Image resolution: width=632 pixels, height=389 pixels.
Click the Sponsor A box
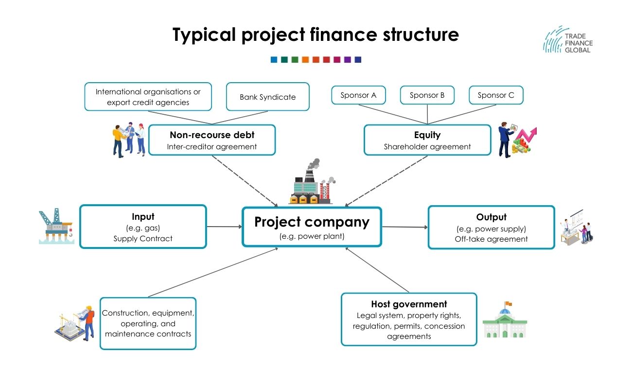tap(358, 95)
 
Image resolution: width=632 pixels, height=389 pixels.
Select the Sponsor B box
tap(427, 95)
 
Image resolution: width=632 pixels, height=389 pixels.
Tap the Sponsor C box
tap(496, 95)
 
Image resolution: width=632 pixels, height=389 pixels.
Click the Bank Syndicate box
tap(267, 97)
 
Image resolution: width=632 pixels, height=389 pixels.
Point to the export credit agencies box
tap(148, 97)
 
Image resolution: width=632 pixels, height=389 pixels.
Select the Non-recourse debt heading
tap(211, 135)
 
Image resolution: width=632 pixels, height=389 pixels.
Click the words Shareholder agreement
tap(427, 146)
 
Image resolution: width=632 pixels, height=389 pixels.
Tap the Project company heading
tap(312, 222)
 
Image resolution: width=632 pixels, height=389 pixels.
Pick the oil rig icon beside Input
tap(56, 226)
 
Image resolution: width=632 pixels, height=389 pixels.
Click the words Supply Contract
tap(143, 238)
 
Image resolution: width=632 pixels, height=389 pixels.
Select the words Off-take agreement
tap(491, 239)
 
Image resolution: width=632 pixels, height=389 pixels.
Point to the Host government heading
tap(409, 304)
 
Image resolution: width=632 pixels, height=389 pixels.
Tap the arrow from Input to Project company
tap(224, 227)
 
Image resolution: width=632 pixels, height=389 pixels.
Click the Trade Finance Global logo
tap(568, 40)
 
